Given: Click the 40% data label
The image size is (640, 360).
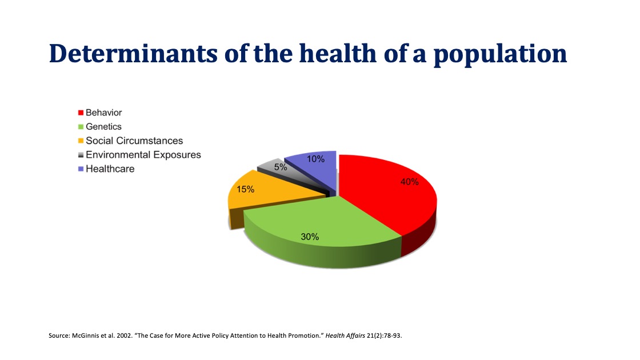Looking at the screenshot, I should click(409, 182).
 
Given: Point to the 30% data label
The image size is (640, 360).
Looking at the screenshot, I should click(310, 236).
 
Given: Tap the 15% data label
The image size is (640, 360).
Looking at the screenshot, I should click(246, 189).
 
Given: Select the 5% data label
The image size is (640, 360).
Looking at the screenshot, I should click(281, 167).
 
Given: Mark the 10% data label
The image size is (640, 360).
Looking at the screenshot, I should click(316, 159).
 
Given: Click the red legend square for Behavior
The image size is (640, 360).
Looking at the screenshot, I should click(81, 113).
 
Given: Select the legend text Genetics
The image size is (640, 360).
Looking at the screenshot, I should click(103, 126).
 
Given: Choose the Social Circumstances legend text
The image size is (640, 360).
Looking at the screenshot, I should click(134, 141).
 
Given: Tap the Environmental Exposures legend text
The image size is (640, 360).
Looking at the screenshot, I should click(143, 155).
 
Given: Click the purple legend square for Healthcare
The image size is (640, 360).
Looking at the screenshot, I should click(81, 169).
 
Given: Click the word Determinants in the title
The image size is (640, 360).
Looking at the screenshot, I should click(131, 53).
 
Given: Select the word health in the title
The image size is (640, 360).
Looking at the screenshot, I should click(338, 53).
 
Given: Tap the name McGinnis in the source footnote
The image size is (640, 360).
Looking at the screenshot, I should click(86, 335).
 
